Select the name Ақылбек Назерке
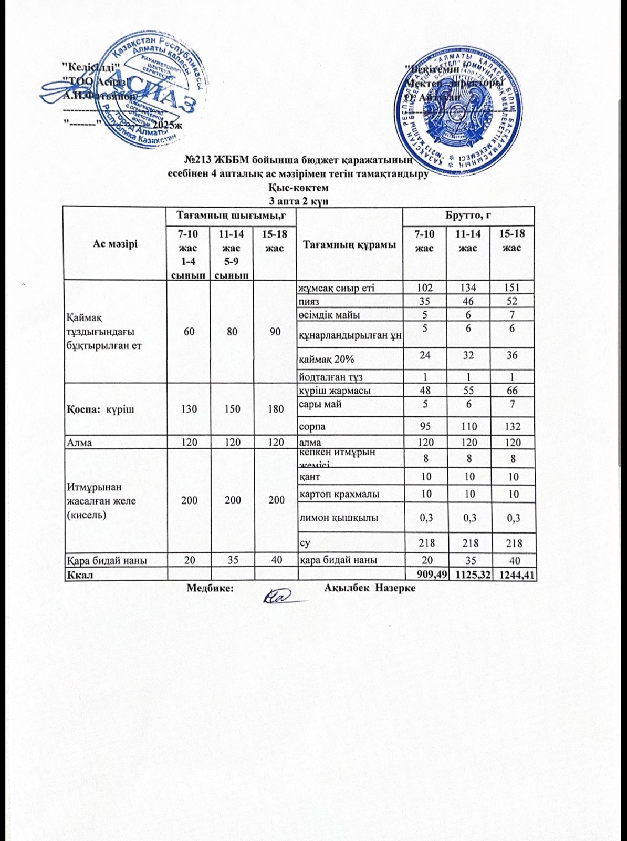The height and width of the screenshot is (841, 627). [x=370, y=588]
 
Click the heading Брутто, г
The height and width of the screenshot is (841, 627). [x=468, y=215]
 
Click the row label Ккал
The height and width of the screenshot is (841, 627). [x=79, y=575]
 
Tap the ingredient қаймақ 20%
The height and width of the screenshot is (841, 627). [x=327, y=360]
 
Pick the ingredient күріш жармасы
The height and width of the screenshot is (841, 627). [x=335, y=391]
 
